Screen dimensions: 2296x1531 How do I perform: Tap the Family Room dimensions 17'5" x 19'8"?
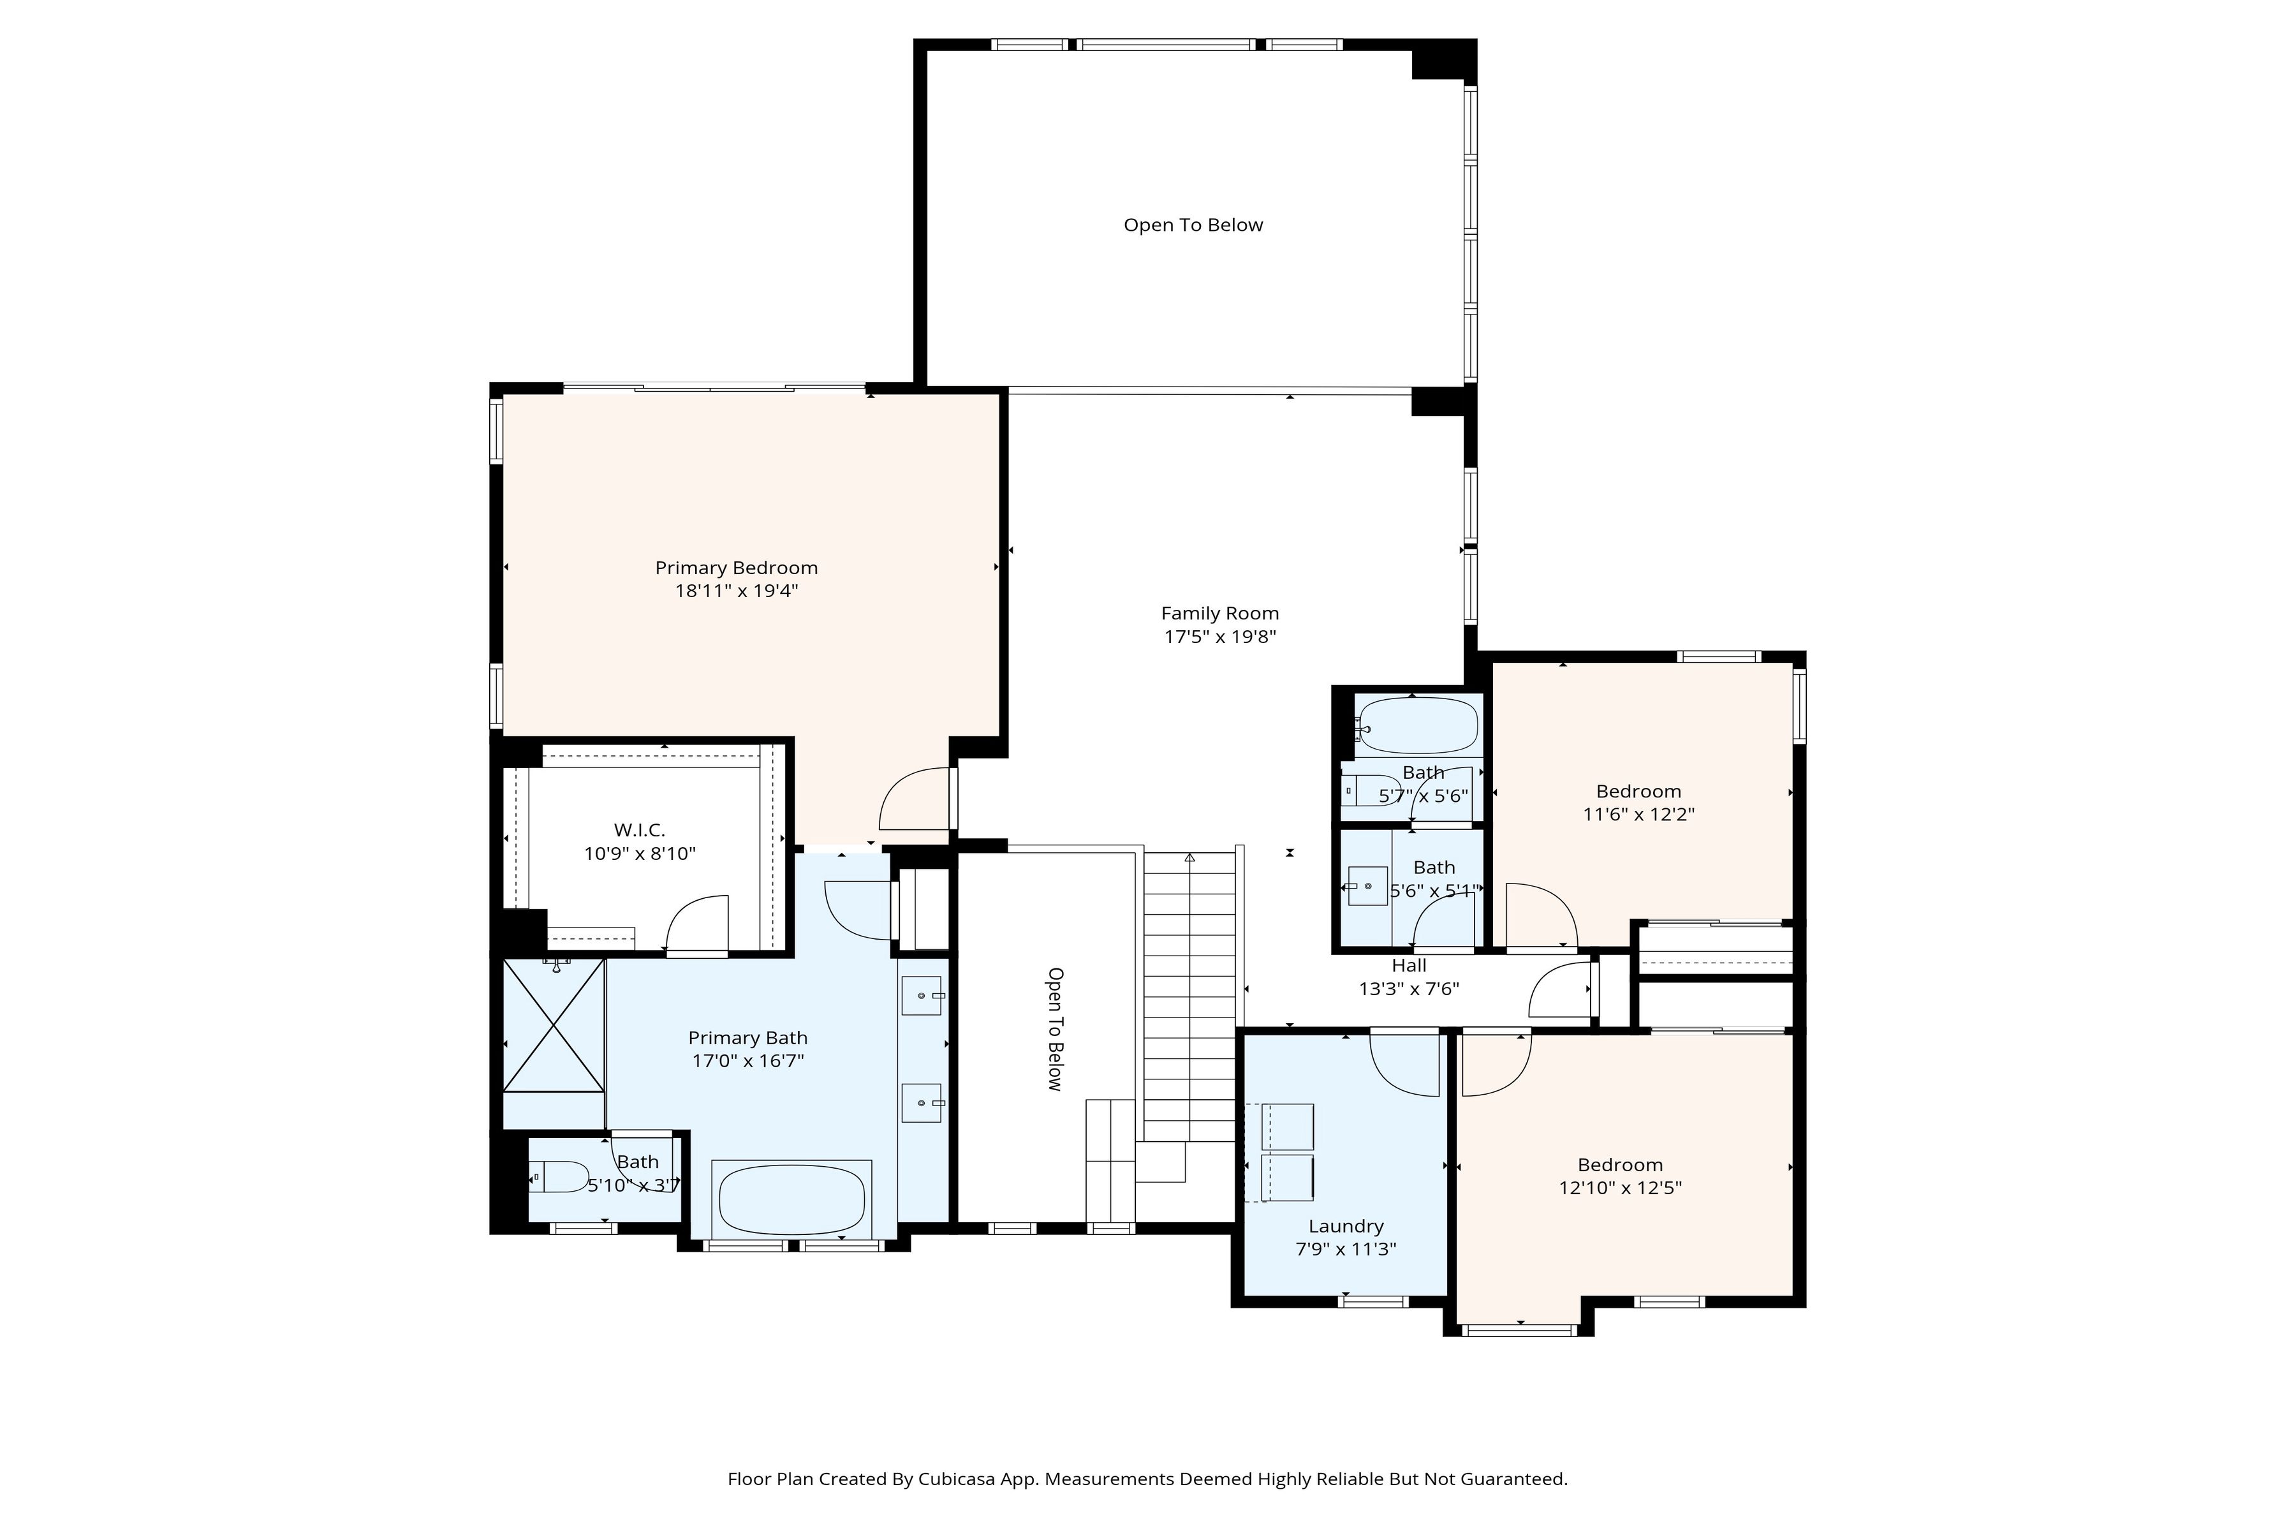pyautogui.click(x=1220, y=637)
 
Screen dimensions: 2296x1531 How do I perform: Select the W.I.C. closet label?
pyautogui.click(x=640, y=830)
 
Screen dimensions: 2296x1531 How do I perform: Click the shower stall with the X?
pyautogui.click(x=554, y=1024)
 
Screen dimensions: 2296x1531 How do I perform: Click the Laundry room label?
pyautogui.click(x=1346, y=1226)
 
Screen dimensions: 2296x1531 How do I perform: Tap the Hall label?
pyautogui.click(x=1409, y=966)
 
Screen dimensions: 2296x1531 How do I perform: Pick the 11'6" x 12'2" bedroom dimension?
pyautogui.click(x=1639, y=815)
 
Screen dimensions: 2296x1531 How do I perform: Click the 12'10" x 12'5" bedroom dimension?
pyautogui.click(x=1621, y=1188)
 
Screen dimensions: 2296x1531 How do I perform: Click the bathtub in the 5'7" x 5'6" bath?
pyautogui.click(x=1418, y=725)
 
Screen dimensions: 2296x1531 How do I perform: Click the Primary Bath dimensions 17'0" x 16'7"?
pyautogui.click(x=747, y=1061)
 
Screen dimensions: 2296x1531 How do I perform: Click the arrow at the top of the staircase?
pyautogui.click(x=1190, y=858)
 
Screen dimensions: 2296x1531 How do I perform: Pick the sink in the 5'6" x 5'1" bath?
pyautogui.click(x=1367, y=885)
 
